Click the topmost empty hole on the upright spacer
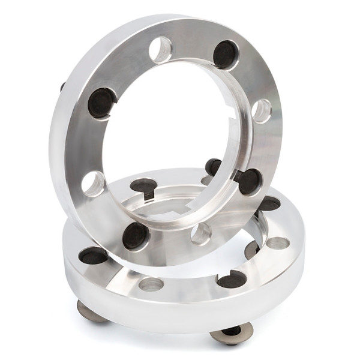click(x=160, y=50)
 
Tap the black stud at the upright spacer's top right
click(x=226, y=55)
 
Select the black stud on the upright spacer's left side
click(x=101, y=103)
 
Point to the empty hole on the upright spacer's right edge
click(x=262, y=111)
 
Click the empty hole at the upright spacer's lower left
click(x=94, y=184)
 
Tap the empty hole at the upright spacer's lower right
click(x=202, y=233)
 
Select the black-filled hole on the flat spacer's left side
click(x=94, y=256)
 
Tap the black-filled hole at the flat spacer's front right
click(x=232, y=279)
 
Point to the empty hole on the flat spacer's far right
click(x=277, y=243)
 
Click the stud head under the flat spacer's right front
click(x=232, y=333)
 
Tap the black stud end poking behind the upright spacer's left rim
click(x=62, y=86)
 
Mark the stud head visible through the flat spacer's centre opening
click(x=252, y=249)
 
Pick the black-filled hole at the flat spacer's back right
click(x=269, y=203)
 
